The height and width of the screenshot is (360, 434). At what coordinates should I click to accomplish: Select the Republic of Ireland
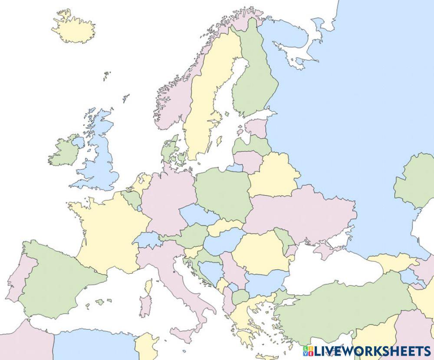(64, 152)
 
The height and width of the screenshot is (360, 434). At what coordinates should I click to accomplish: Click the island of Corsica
(148, 287)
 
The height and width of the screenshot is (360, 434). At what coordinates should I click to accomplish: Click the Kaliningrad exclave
(234, 167)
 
